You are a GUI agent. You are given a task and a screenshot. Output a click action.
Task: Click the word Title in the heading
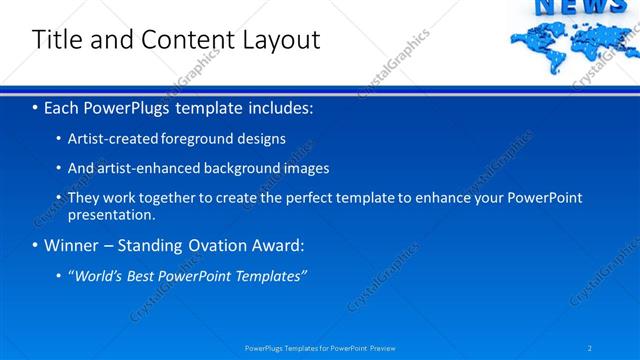pos(55,40)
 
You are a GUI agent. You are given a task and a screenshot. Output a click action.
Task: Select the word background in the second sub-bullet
pos(247,168)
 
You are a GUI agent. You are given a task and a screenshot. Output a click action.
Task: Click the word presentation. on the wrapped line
pos(111,214)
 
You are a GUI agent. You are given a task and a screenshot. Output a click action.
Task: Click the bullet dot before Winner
pos(36,245)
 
